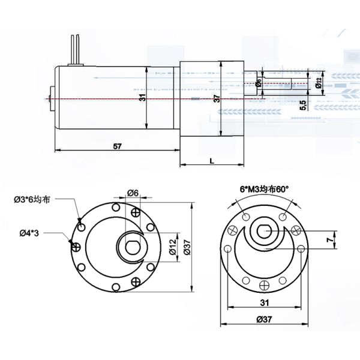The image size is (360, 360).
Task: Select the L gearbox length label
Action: [x=212, y=160]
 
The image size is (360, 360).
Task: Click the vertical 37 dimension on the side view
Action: [x=215, y=98]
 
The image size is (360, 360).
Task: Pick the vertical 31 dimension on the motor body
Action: [x=142, y=98]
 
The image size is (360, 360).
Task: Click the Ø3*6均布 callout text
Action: [x=33, y=199]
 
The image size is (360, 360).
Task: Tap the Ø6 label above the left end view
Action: [x=133, y=193]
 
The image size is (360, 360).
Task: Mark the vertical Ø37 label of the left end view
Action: [x=187, y=247]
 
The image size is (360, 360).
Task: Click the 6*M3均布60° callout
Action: [x=264, y=188]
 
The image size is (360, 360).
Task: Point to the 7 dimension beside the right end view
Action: [x=328, y=239]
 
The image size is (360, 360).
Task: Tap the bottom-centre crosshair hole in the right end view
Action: [x=263, y=284]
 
